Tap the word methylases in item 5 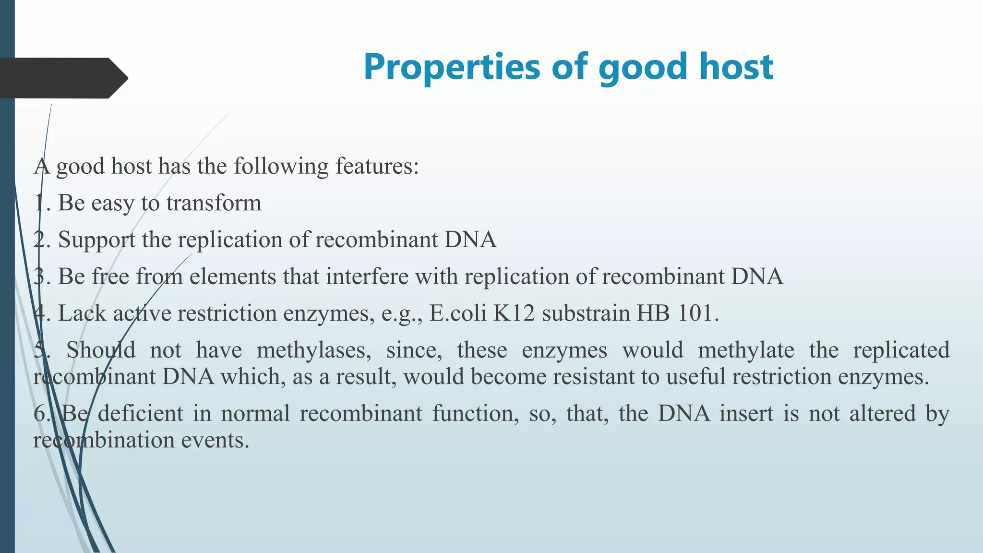click(x=314, y=350)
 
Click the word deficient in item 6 click(x=140, y=414)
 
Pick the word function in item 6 click(x=475, y=414)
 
